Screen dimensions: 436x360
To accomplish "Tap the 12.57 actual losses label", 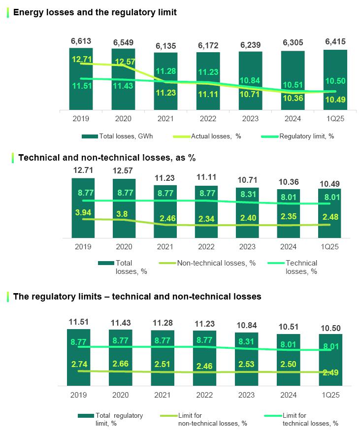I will pyautogui.click(x=123, y=62).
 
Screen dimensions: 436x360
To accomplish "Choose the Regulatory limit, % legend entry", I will pyautogui.click(x=307, y=136).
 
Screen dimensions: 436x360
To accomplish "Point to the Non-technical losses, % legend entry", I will pyautogui.click(x=216, y=263).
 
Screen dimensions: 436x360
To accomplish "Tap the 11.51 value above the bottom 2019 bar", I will pyautogui.click(x=79, y=322).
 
